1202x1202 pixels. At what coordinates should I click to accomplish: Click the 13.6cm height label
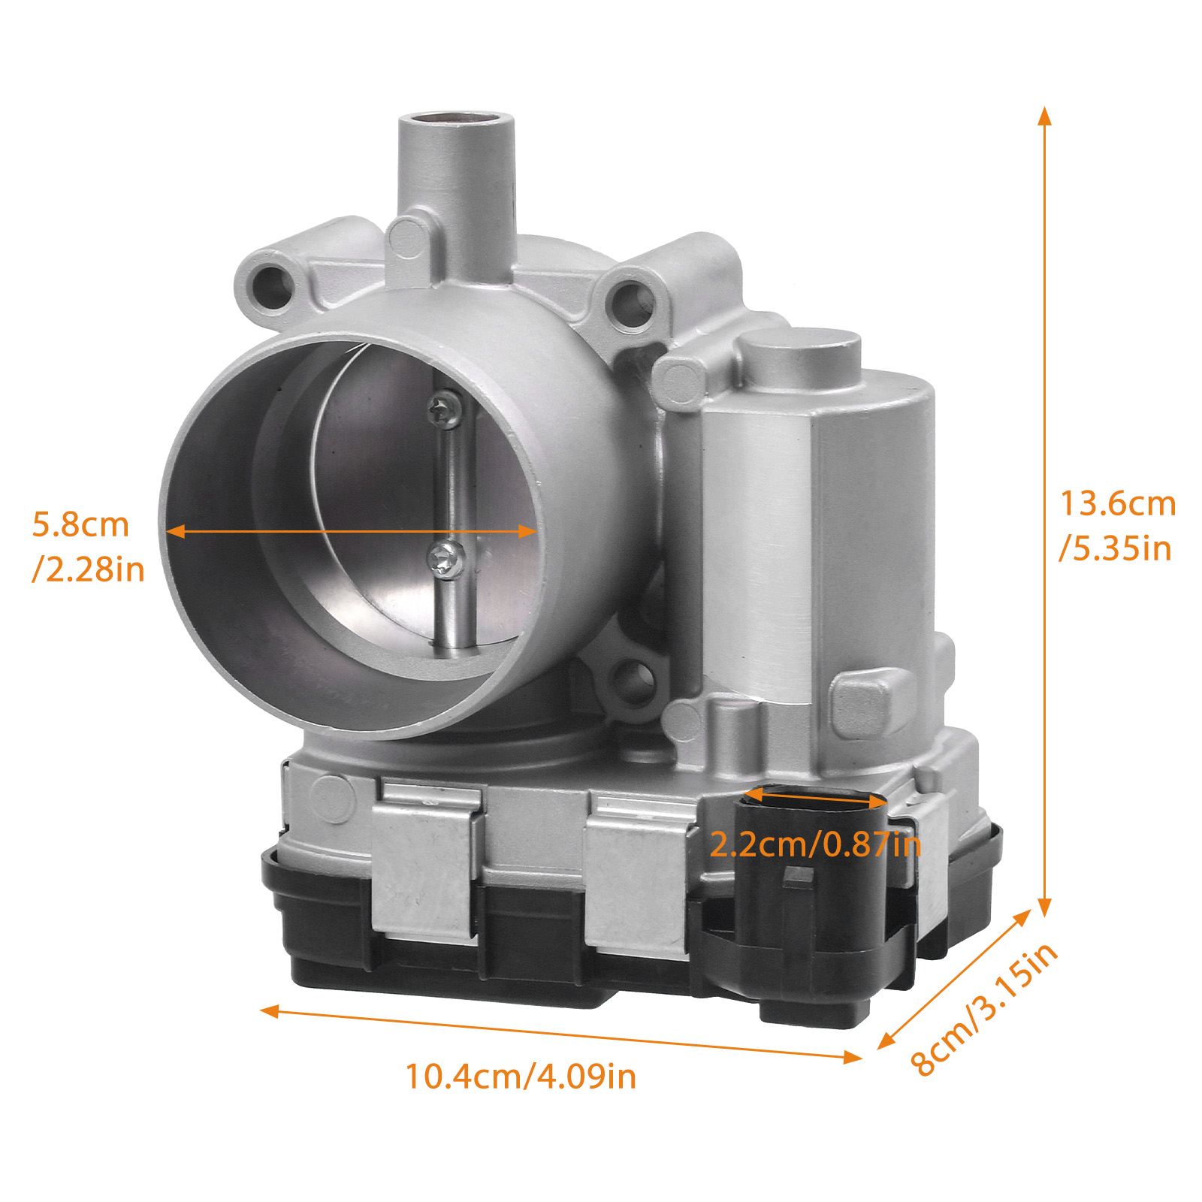pos(1118,503)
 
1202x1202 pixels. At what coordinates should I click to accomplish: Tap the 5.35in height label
pos(1116,548)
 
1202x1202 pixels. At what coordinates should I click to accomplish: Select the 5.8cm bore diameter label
pos(80,524)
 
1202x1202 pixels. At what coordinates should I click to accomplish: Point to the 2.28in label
pos(89,569)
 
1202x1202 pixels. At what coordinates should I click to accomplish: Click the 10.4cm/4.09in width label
pos(521,1076)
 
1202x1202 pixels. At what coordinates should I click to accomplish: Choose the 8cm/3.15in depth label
pos(984,1008)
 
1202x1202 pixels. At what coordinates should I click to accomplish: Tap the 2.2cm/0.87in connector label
pos(815,844)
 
